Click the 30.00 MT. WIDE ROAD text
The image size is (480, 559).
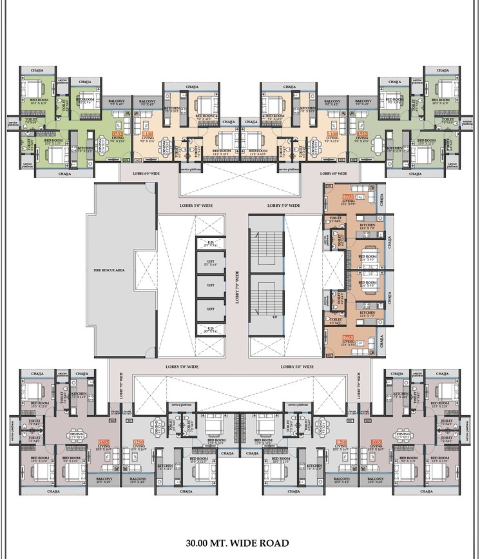point(238,543)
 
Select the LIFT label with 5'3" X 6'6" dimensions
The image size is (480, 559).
point(210,263)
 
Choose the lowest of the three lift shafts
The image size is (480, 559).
point(210,309)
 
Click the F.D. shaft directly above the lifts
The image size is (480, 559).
point(210,244)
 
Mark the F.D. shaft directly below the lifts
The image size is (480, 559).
point(210,328)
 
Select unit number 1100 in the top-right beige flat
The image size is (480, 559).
point(332,133)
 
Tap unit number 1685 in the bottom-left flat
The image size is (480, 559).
point(102,442)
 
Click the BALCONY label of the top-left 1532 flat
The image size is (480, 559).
point(116,101)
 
